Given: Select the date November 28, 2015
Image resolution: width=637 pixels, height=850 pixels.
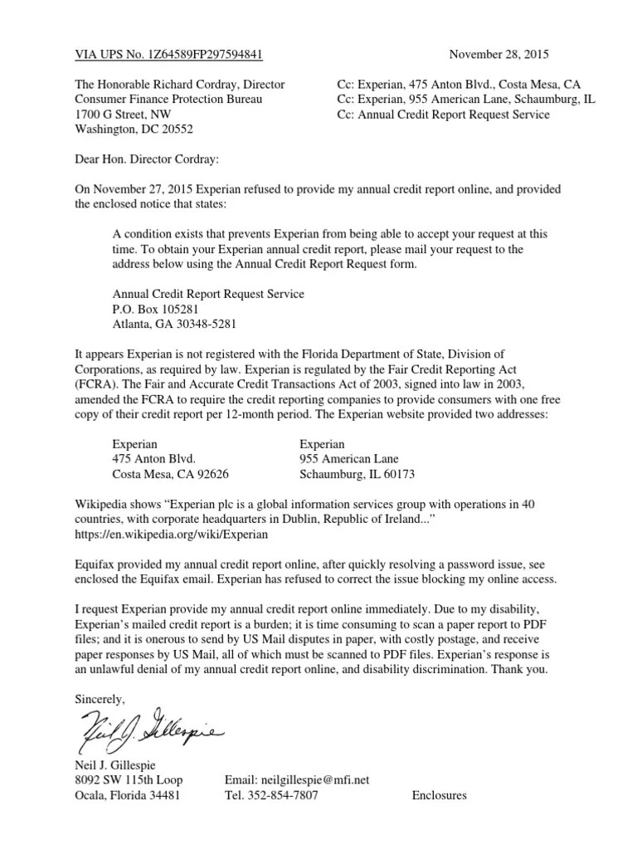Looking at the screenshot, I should click(x=498, y=56).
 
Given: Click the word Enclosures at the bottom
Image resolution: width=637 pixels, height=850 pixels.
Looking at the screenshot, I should click(x=439, y=795).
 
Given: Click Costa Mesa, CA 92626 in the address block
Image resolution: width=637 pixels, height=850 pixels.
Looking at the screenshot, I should click(x=170, y=474).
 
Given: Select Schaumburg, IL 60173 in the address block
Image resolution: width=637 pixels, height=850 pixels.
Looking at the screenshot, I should click(x=356, y=474).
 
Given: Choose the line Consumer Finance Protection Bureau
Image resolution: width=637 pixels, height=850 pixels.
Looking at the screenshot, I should click(x=168, y=100).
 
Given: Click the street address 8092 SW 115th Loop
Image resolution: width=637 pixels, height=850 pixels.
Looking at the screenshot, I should click(x=129, y=779).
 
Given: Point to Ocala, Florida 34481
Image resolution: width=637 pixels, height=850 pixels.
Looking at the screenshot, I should click(x=126, y=795).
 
